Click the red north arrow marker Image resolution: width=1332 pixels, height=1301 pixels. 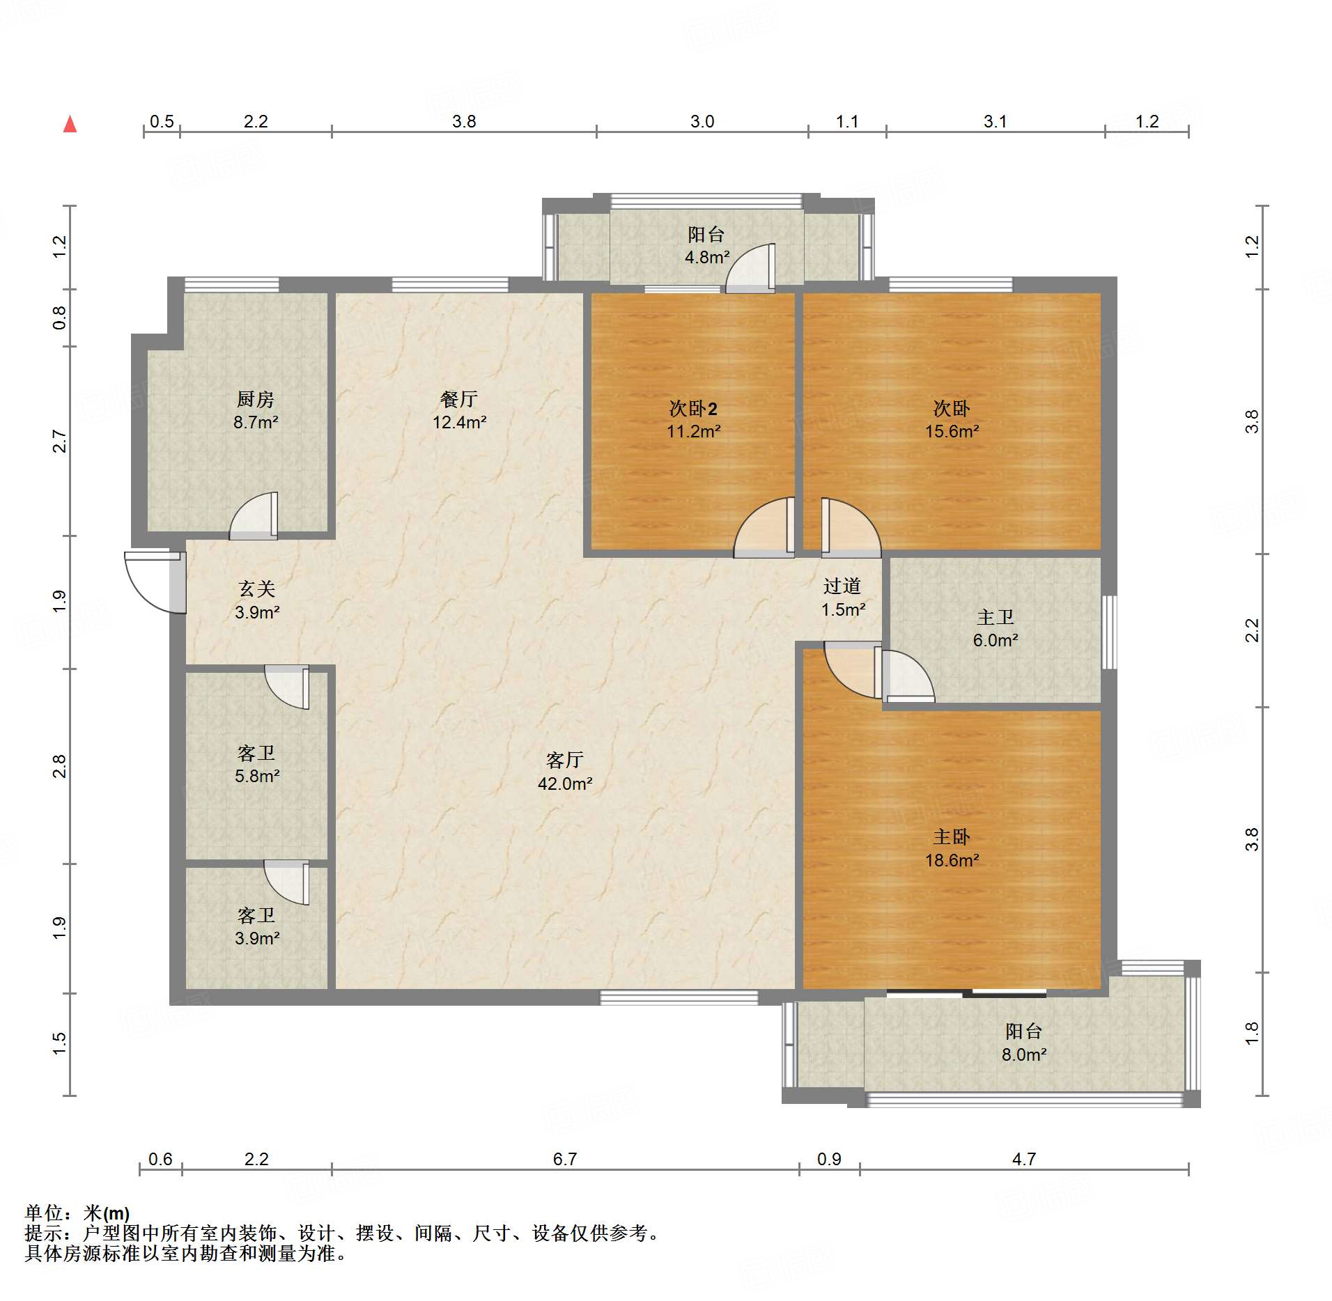coord(70,124)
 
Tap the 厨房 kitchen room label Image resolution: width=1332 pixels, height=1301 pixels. coord(256,399)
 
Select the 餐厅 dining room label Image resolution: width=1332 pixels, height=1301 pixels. coord(459,399)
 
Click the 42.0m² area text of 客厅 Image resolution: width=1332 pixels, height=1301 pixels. coord(565,784)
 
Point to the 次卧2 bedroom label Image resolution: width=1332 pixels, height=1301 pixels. coord(693,408)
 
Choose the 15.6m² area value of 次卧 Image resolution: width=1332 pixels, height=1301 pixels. coord(952,431)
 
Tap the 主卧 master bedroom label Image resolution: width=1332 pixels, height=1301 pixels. coord(952,836)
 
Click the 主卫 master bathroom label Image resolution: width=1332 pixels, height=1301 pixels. coord(996,617)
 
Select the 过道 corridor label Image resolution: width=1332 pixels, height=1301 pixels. coord(842,586)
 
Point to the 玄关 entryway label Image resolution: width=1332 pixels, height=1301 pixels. coord(257,589)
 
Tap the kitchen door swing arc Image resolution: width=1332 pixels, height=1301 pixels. coord(253,516)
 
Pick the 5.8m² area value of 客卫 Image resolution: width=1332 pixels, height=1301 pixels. coord(257,776)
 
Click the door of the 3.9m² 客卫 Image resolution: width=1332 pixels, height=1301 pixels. coord(286,883)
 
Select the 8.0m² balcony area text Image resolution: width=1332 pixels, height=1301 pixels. coord(1024,1054)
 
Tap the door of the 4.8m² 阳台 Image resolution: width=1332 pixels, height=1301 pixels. coord(750,268)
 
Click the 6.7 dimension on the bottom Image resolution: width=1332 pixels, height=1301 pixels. coord(565,1159)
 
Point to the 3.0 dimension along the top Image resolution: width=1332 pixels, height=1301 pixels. coord(702,121)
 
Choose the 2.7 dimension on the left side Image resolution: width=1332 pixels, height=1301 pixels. coord(60,442)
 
